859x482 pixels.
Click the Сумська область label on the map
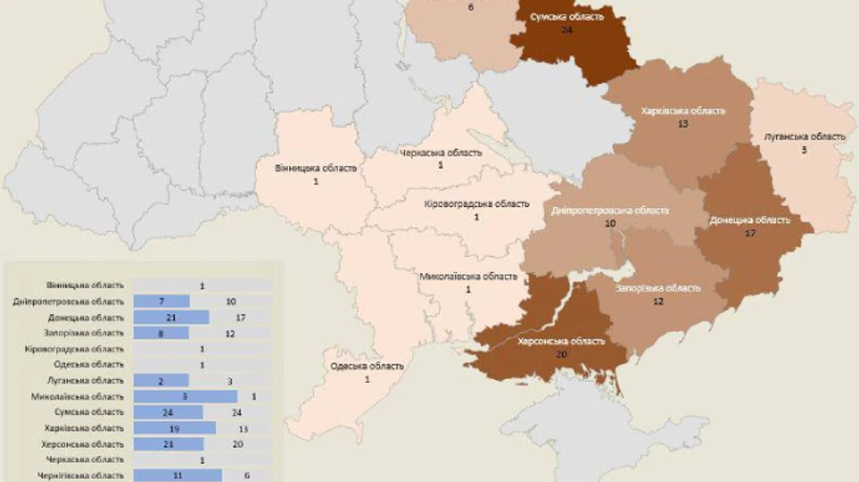[x=567, y=16]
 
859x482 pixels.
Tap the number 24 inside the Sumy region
[x=567, y=30]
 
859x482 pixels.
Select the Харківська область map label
[x=683, y=111]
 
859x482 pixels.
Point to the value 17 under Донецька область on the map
[x=750, y=233]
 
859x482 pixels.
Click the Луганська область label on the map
[x=805, y=136]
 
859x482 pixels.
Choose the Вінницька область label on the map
[x=303, y=168]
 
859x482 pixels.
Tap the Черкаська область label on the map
[x=441, y=153]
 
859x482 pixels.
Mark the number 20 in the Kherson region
[x=561, y=354]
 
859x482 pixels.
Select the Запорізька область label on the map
[x=658, y=288]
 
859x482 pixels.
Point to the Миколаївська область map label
[x=469, y=277]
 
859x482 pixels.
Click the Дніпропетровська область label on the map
[x=610, y=210]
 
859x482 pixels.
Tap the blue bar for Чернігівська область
[x=178, y=475]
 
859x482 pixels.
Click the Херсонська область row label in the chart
[x=82, y=444]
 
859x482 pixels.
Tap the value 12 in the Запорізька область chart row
[x=230, y=333]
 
